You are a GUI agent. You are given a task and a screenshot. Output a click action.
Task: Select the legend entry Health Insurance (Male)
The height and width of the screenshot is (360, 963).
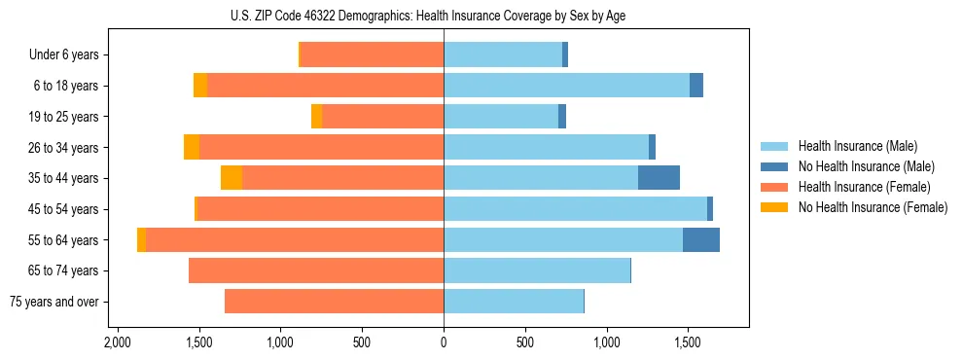[x=856, y=146]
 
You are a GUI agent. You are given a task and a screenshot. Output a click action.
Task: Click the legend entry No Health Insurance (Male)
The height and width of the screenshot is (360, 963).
[x=866, y=166]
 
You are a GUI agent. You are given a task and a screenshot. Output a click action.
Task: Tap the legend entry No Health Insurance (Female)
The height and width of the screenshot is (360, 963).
[x=873, y=207]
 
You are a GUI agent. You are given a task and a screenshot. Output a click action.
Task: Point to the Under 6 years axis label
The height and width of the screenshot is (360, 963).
[x=63, y=55]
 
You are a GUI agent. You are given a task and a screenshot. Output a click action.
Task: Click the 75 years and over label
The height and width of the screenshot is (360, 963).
[x=53, y=302]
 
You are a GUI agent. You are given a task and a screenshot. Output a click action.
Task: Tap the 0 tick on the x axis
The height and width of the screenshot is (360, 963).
[x=444, y=342]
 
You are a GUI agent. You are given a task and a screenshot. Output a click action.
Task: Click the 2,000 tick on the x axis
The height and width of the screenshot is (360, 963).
[x=118, y=342]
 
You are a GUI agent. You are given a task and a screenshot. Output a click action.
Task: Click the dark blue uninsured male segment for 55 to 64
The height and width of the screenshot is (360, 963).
[x=700, y=239]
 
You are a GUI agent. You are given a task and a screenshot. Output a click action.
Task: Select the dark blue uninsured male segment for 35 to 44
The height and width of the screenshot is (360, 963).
[x=659, y=178]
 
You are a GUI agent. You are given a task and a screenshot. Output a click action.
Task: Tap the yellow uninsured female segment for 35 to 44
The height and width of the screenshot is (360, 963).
[x=232, y=178]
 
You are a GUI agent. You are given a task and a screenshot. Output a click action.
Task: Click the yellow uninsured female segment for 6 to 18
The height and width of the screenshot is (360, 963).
[x=200, y=86]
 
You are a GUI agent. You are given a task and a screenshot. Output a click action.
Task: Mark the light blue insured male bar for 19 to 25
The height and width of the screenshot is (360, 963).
[x=501, y=117]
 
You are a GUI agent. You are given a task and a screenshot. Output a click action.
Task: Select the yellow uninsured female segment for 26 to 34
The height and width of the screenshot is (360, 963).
[x=192, y=147]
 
